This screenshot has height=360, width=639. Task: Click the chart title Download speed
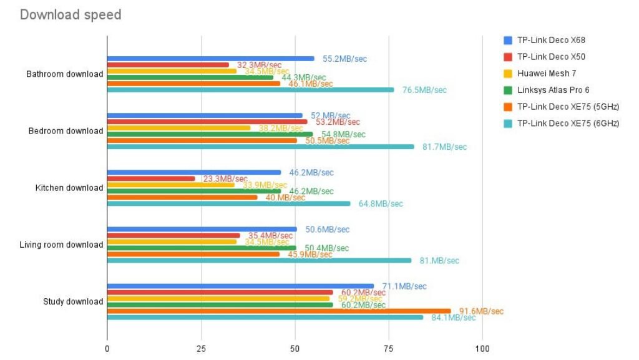pyautogui.click(x=71, y=14)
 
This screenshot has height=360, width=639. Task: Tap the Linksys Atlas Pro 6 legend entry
pyautogui.click(x=554, y=90)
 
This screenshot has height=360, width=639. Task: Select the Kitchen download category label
pyautogui.click(x=69, y=188)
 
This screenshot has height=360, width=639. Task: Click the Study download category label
pyautogui.click(x=73, y=301)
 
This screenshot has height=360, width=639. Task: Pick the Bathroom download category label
pyautogui.click(x=64, y=74)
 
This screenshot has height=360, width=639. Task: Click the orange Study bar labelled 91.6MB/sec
pyautogui.click(x=278, y=311)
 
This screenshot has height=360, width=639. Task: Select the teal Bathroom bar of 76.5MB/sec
pyautogui.click(x=250, y=90)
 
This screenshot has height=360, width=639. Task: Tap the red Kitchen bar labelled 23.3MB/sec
pyautogui.click(x=151, y=178)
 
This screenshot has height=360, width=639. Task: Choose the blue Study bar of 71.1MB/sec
pyautogui.click(x=240, y=286)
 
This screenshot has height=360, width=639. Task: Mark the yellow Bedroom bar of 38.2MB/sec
pyautogui.click(x=178, y=128)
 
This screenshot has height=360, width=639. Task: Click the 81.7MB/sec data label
pyautogui.click(x=444, y=147)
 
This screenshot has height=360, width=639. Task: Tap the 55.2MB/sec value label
pyautogui.click(x=344, y=59)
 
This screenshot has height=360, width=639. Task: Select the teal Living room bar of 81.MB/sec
pyautogui.click(x=259, y=260)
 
